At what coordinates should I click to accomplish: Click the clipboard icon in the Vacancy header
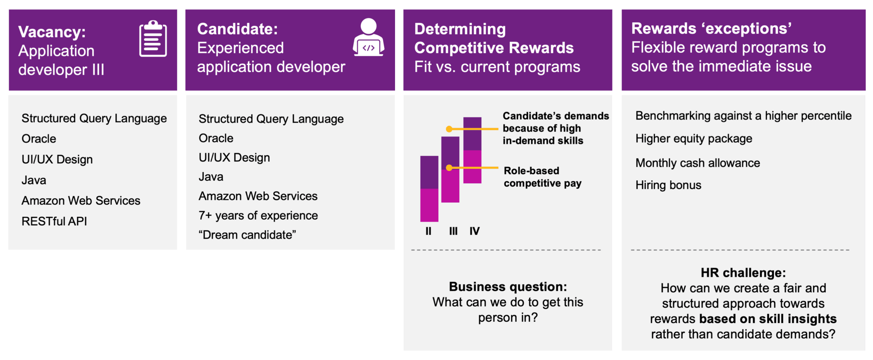click(153, 38)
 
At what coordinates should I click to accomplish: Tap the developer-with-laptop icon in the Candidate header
click(368, 37)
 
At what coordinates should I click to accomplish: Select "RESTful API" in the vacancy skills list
click(54, 221)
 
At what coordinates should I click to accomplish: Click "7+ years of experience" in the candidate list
click(258, 216)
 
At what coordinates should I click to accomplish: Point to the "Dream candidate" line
click(247, 235)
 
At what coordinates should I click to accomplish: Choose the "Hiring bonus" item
click(668, 185)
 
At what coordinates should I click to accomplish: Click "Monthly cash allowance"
click(698, 163)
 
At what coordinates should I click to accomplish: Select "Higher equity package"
click(694, 139)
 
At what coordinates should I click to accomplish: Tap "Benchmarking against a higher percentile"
click(743, 116)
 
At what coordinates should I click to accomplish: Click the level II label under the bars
click(428, 231)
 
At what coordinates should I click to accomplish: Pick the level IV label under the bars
click(474, 231)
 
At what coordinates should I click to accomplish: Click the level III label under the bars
click(454, 231)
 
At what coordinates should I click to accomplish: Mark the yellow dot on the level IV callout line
click(449, 129)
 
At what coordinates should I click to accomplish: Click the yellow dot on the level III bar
click(449, 168)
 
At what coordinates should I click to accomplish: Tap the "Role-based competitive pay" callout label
click(543, 177)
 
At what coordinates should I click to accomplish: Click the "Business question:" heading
click(508, 287)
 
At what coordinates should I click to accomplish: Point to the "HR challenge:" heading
click(743, 273)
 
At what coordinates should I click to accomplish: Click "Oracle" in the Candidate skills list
click(216, 138)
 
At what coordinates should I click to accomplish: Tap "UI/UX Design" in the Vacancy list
click(57, 159)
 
